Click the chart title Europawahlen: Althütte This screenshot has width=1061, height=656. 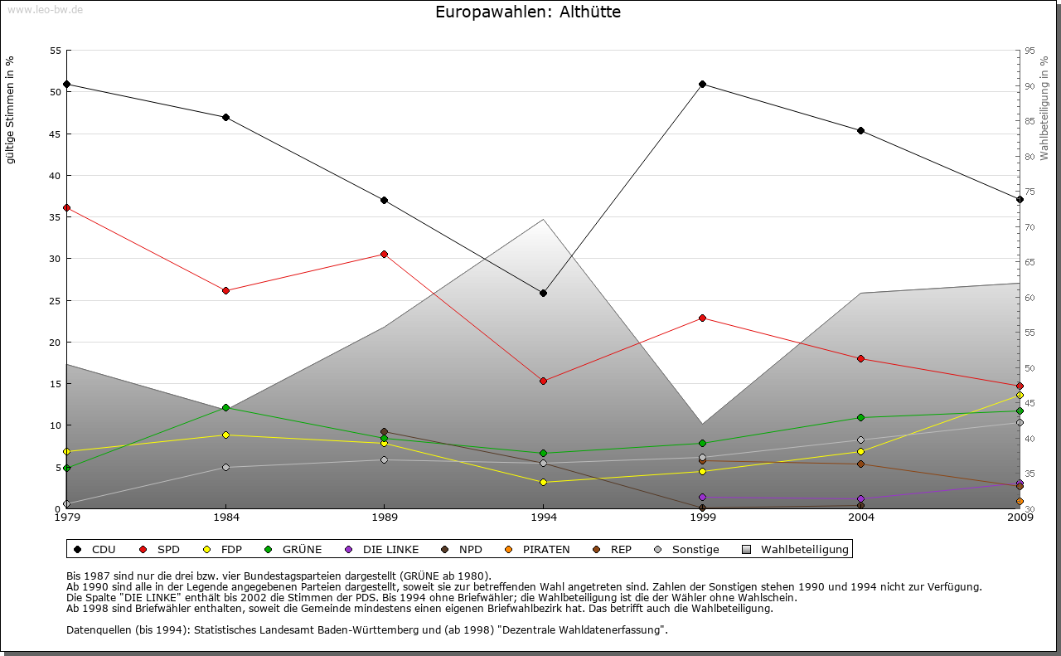click(x=528, y=12)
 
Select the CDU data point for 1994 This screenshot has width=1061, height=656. click(x=544, y=293)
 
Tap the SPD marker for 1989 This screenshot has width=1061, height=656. click(x=385, y=254)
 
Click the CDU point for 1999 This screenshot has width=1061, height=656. click(x=703, y=84)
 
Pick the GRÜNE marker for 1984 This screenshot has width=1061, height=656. click(x=225, y=407)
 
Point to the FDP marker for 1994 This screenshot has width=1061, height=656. click(x=544, y=482)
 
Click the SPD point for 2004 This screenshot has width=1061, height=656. click(x=861, y=358)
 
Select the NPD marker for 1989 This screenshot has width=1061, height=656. click(x=385, y=431)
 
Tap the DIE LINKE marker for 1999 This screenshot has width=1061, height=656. click(x=703, y=497)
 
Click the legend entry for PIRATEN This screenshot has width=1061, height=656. click(x=538, y=549)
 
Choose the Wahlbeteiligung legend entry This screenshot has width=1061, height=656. click(x=796, y=549)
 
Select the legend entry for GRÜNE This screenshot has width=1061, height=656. click(x=293, y=549)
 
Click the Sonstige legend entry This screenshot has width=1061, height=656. click(x=687, y=549)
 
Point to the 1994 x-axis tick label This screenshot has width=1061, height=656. click(x=544, y=518)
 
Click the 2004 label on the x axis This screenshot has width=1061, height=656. click(x=861, y=518)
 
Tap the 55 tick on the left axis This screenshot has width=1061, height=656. click(x=56, y=51)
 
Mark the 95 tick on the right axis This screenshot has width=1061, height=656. click(x=1029, y=51)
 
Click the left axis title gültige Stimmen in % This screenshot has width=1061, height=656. click(x=11, y=110)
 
